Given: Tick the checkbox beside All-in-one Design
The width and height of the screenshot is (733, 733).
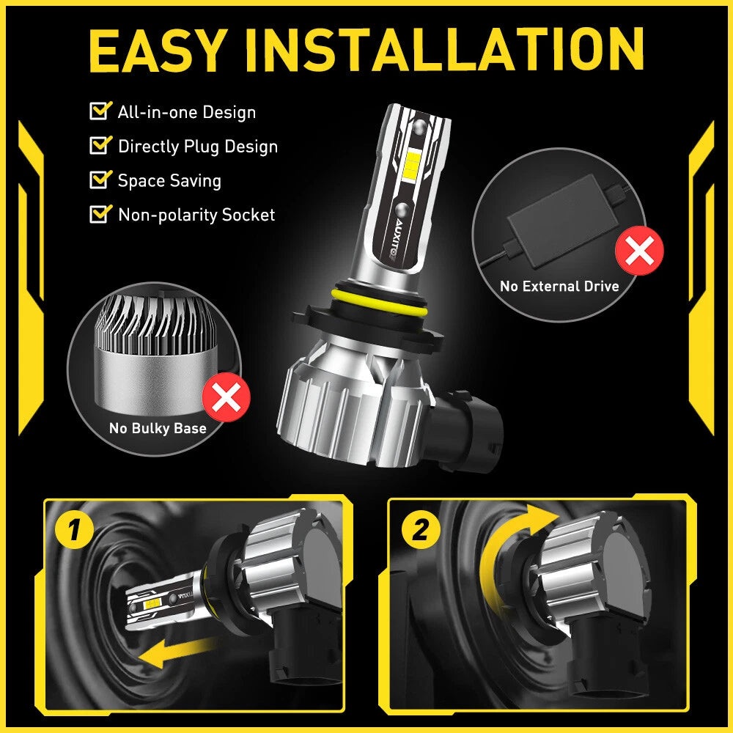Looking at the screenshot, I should point(98,111).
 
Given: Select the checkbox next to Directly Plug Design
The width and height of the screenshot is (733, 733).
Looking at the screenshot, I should point(98,145).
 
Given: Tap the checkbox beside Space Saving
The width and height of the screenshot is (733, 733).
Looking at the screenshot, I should point(98,180).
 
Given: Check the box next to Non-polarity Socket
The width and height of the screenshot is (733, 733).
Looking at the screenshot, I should point(98,214).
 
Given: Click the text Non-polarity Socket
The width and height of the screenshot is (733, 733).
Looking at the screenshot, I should point(196,215).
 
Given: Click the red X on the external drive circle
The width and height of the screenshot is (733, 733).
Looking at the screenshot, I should point(640,251).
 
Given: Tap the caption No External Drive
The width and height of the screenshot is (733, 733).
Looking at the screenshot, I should point(559,286).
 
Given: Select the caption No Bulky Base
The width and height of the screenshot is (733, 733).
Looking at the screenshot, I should point(158,428).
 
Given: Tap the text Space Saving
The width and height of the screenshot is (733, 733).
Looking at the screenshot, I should point(169,180).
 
